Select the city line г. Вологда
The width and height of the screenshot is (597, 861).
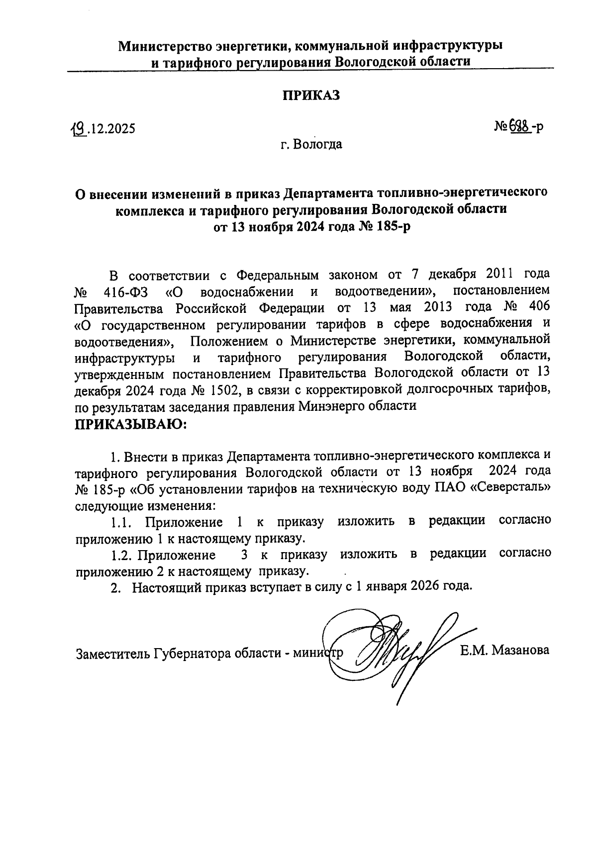pos(311,145)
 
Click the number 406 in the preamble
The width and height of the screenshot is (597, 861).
pos(537,307)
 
